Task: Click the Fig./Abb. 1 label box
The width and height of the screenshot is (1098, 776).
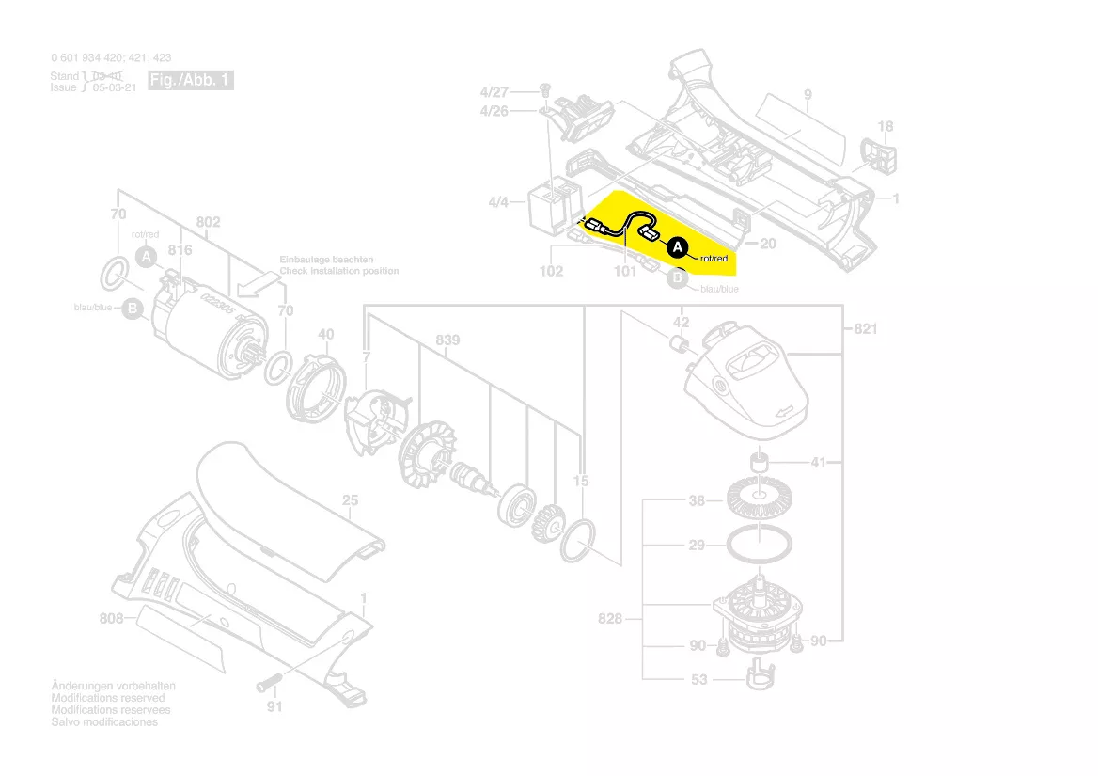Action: point(191,81)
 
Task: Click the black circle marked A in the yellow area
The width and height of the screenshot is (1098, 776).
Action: point(677,247)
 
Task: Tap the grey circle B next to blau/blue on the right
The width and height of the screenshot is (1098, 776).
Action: point(679,278)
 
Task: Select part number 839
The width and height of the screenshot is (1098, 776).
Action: point(447,340)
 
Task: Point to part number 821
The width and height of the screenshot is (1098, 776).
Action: point(866,328)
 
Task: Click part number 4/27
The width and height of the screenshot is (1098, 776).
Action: point(494,92)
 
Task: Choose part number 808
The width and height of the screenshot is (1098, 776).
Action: point(112,619)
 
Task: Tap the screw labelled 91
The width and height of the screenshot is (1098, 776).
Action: point(270,682)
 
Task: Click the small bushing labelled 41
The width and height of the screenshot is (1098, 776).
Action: point(757,462)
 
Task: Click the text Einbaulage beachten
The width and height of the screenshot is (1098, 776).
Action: point(326,260)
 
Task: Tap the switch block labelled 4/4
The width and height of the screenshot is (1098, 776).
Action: point(546,205)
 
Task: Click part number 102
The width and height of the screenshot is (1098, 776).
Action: point(551,272)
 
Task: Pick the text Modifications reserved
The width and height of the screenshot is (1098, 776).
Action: point(108,698)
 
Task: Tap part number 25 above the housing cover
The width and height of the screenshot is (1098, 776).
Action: point(350,501)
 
